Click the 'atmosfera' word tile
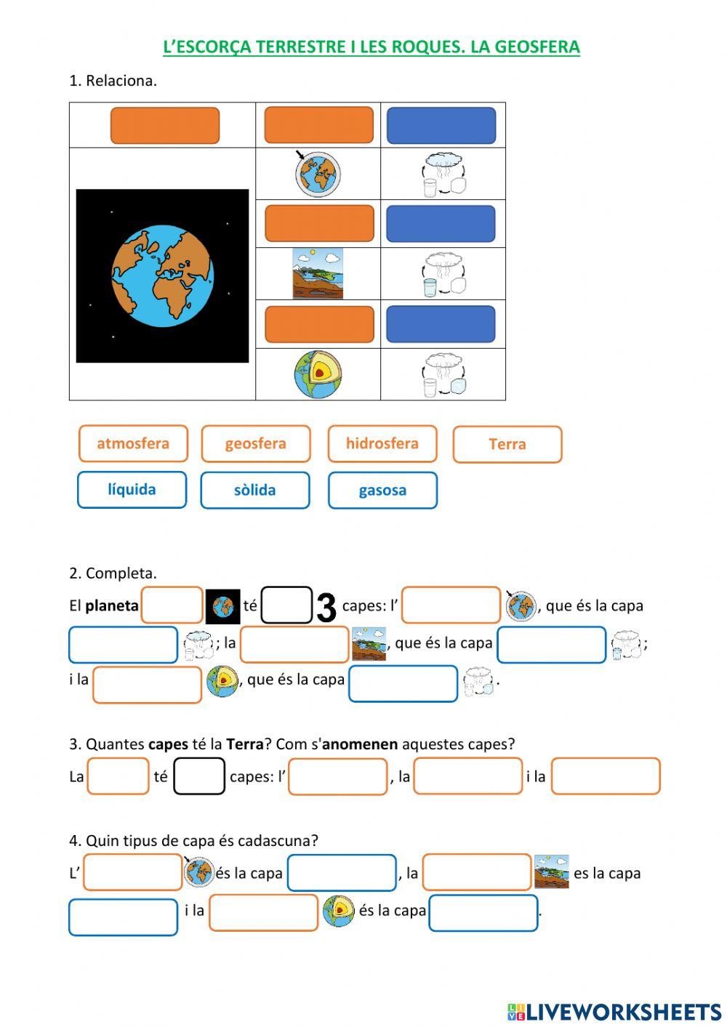click(133, 443)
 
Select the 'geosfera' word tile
click(255, 443)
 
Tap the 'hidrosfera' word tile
click(382, 443)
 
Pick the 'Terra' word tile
click(507, 444)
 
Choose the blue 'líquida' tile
click(132, 489)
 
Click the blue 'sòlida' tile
click(254, 490)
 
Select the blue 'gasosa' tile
click(382, 490)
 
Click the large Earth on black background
click(162, 275)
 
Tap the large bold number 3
click(326, 608)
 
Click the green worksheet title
click(371, 47)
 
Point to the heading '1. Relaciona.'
click(113, 81)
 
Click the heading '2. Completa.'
click(113, 573)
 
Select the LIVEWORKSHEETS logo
click(614, 1011)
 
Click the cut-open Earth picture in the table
click(318, 374)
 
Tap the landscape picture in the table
click(318, 274)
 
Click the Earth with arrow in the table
click(318, 174)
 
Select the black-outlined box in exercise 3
click(199, 776)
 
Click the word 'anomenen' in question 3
click(360, 744)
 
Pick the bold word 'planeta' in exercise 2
click(111, 605)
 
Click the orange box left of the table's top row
click(164, 126)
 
